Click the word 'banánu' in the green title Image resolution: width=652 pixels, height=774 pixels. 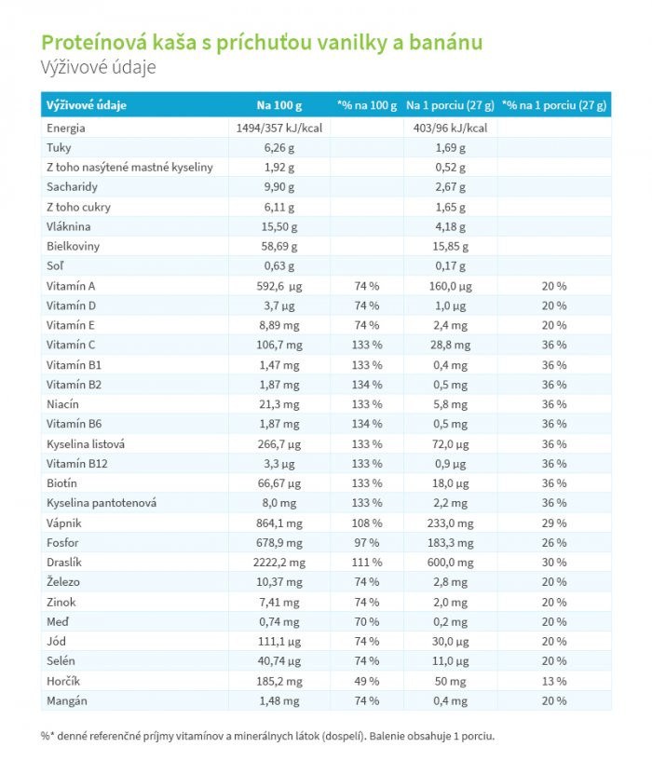pyautogui.click(x=446, y=43)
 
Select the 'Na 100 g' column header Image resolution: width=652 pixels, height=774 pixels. pyautogui.click(x=278, y=105)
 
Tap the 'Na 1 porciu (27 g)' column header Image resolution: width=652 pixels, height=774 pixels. pyautogui.click(x=450, y=105)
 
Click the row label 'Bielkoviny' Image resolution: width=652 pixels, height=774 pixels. pyautogui.click(x=73, y=246)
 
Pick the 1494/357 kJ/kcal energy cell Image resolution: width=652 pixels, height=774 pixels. pyautogui.click(x=278, y=129)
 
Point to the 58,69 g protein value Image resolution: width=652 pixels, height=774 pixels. pyautogui.click(x=278, y=246)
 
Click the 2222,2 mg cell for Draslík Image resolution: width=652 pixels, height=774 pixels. pyautogui.click(x=278, y=563)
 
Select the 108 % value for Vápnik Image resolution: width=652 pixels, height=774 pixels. pyautogui.click(x=367, y=523)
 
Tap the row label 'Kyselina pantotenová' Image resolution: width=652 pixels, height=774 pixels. pyautogui.click(x=102, y=503)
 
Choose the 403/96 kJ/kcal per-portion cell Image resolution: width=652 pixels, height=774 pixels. pyautogui.click(x=450, y=129)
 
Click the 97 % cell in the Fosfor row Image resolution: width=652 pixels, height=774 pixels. pyautogui.click(x=367, y=542)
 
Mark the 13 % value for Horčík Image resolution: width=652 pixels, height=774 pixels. pyautogui.click(x=554, y=681)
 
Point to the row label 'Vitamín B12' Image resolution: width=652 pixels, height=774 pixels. pyautogui.click(x=77, y=464)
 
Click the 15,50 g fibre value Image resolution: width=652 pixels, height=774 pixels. pyautogui.click(x=278, y=227)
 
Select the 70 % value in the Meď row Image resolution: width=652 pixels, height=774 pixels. pyautogui.click(x=367, y=622)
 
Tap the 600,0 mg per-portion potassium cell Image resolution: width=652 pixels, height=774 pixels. pyautogui.click(x=450, y=563)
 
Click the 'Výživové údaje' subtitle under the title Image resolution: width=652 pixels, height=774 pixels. pyautogui.click(x=98, y=67)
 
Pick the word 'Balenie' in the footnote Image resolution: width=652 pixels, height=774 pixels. pyautogui.click(x=387, y=736)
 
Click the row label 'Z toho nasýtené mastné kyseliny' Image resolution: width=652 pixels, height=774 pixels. pyautogui.click(x=129, y=168)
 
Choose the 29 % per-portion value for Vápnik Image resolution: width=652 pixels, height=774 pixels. pyautogui.click(x=554, y=523)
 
